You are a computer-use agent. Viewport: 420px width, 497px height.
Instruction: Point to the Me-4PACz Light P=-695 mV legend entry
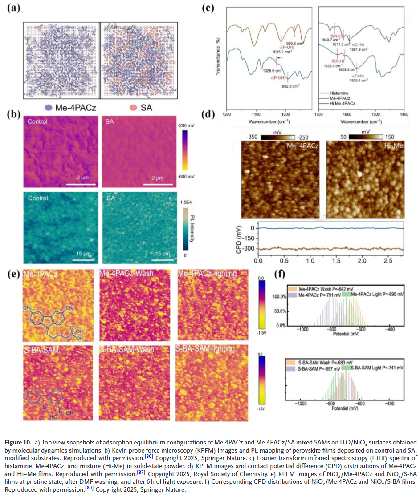[x=375, y=294]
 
